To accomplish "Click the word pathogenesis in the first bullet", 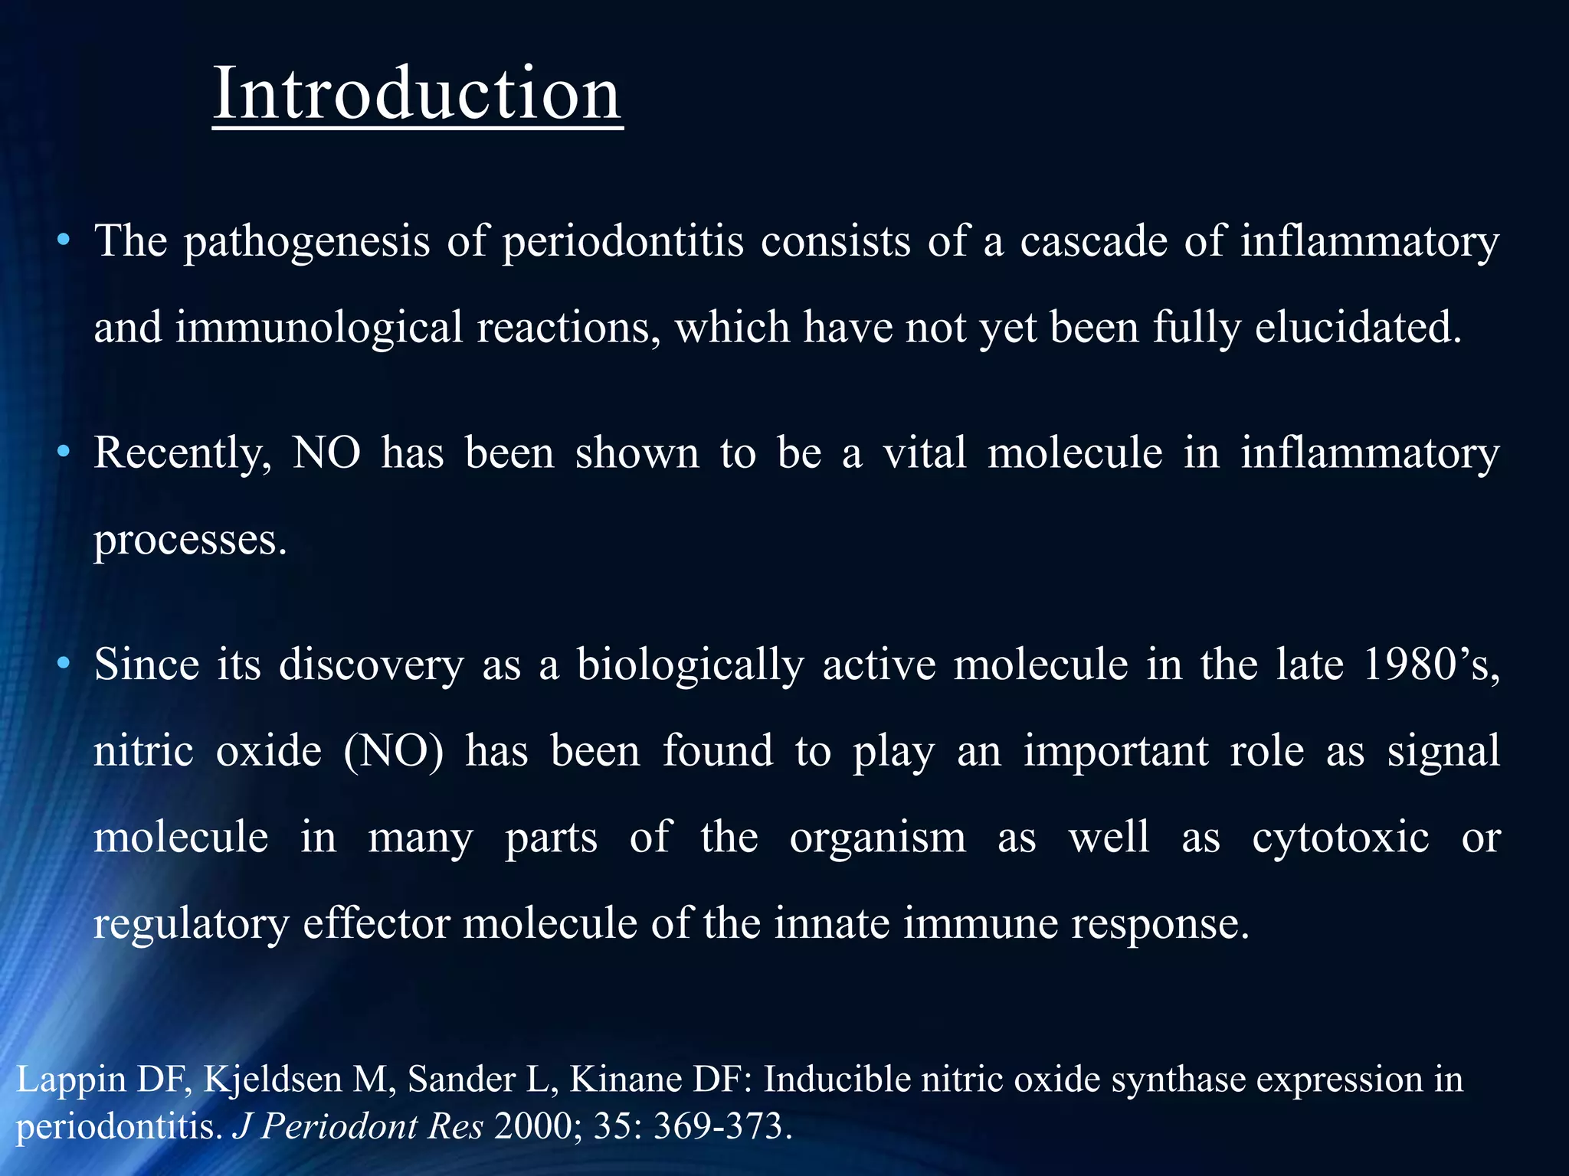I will pyautogui.click(x=306, y=242).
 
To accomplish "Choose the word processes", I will pyautogui.click(x=189, y=541).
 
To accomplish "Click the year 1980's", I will pyautogui.click(x=1430, y=665).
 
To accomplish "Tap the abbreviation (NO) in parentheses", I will pyautogui.click(x=393, y=751).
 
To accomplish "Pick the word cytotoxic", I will pyautogui.click(x=1340, y=837).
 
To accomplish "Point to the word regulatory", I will pyautogui.click(x=191, y=924).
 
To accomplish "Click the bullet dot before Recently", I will pyautogui.click(x=64, y=452).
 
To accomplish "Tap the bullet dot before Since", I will pyautogui.click(x=64, y=663).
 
